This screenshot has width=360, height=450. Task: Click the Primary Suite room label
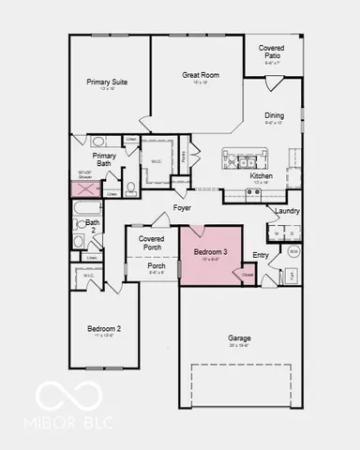click(107, 82)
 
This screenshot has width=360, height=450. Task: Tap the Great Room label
click(201, 75)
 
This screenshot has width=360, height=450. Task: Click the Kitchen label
click(262, 176)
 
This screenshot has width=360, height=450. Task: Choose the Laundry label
click(287, 211)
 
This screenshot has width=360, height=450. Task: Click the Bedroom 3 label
click(211, 252)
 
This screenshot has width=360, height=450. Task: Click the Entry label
click(261, 255)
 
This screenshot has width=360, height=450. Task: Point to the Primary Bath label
click(104, 160)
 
